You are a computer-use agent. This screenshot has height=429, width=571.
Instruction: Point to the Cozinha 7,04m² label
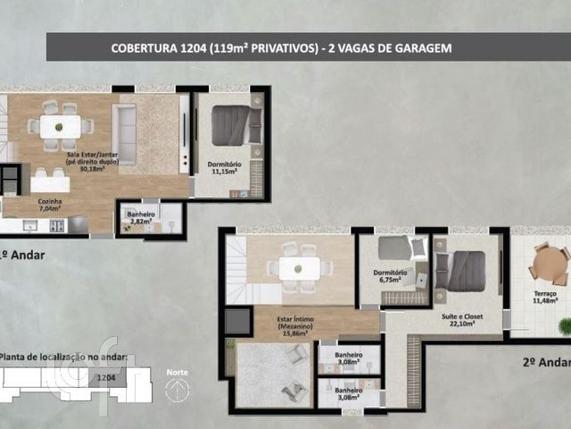pos(50,206)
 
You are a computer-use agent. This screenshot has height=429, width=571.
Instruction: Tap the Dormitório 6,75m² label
pos(390,275)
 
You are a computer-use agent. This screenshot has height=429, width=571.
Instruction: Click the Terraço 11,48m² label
pos(544,298)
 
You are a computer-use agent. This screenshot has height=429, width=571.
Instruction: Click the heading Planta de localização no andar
pos(62,358)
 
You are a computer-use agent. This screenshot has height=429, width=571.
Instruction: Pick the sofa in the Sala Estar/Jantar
pos(124,133)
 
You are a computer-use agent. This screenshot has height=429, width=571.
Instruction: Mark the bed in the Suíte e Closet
pos(465,271)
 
